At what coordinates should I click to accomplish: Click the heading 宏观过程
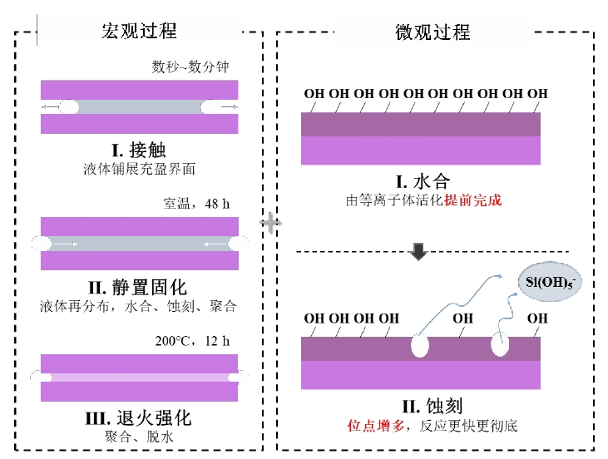tap(140, 32)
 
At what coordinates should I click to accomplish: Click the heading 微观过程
tap(433, 32)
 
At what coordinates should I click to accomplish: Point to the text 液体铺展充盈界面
tap(138, 170)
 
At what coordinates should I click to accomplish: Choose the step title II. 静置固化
tap(138, 288)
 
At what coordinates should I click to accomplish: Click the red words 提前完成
tap(473, 200)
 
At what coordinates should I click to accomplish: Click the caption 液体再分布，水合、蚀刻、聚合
tap(138, 306)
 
